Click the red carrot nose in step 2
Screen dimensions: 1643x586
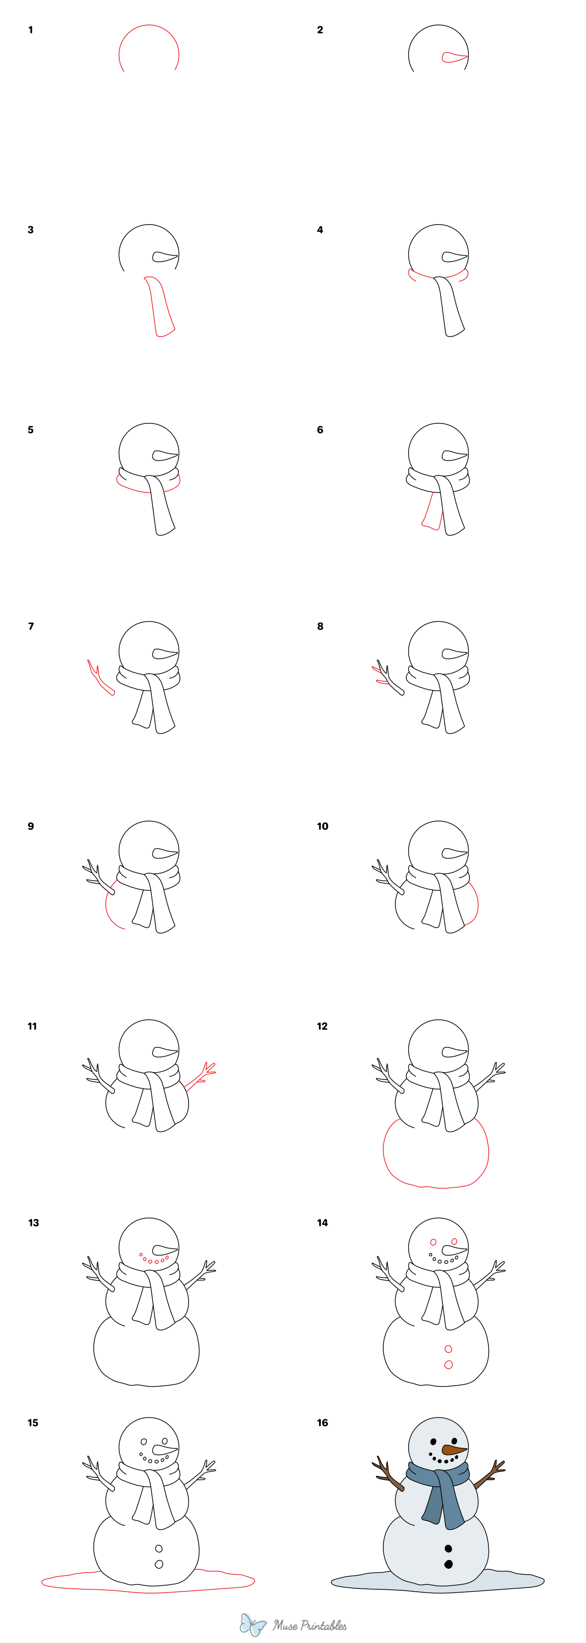[453, 58]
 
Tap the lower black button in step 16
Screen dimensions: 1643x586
[448, 1564]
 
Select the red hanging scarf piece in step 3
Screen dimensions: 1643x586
[159, 306]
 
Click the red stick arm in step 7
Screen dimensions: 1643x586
[100, 679]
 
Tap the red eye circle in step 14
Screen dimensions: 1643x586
[434, 1242]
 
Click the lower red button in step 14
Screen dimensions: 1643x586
[448, 1365]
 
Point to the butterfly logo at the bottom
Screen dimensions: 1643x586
[253, 1624]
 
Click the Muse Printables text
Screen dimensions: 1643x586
[310, 1625]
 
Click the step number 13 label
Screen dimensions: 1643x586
[33, 1222]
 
